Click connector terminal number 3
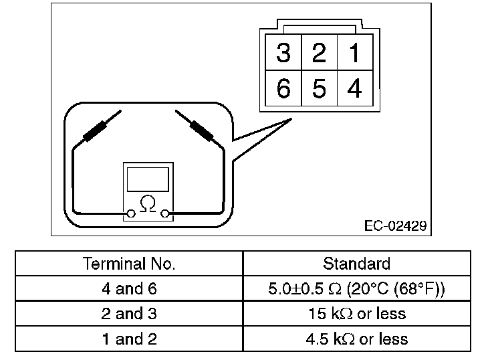pyautogui.click(x=283, y=53)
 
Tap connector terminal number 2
pyautogui.click(x=319, y=53)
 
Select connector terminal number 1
pyautogui.click(x=354, y=53)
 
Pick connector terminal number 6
pyautogui.click(x=283, y=88)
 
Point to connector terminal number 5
pyautogui.click(x=319, y=88)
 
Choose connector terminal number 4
pyautogui.click(x=354, y=88)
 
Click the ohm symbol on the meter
pyautogui.click(x=148, y=201)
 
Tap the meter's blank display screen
pyautogui.click(x=148, y=179)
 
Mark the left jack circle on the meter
pyautogui.click(x=132, y=213)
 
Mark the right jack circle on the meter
pyautogui.click(x=164, y=213)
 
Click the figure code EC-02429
pyautogui.click(x=396, y=226)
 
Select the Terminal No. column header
pyautogui.click(x=129, y=264)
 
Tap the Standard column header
pyautogui.click(x=356, y=264)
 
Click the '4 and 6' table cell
pyautogui.click(x=129, y=289)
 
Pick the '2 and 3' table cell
pyautogui.click(x=129, y=314)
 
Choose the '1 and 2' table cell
pyautogui.click(x=129, y=339)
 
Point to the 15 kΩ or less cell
pyautogui.click(x=356, y=314)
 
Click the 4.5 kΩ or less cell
pyautogui.click(x=356, y=339)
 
